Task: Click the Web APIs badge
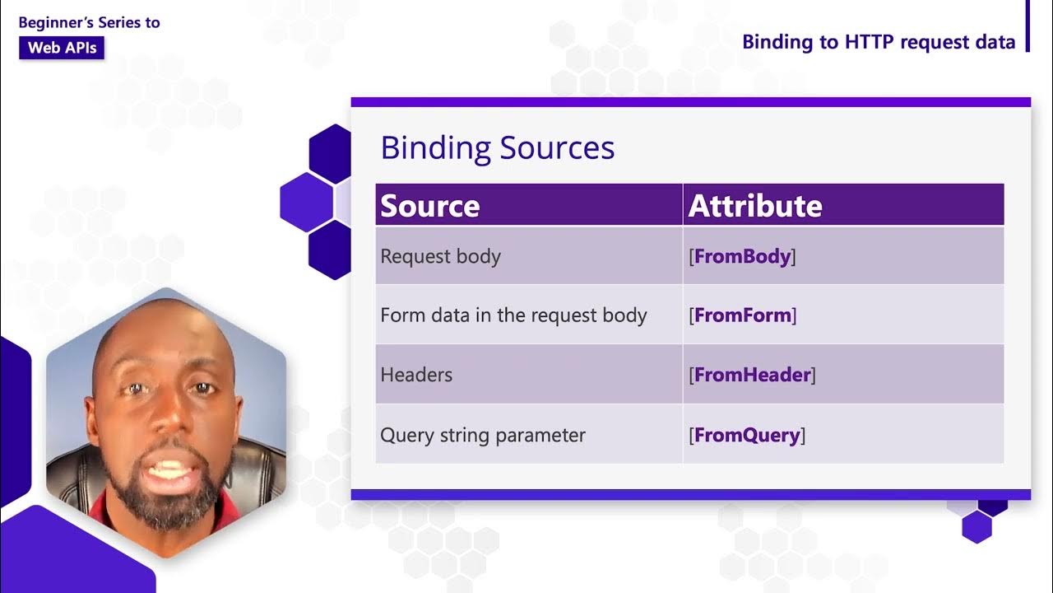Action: [x=62, y=48]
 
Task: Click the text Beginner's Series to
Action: [x=89, y=22]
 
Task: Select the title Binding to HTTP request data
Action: [x=878, y=42]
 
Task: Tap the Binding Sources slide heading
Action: [x=497, y=148]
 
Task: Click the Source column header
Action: [x=429, y=206]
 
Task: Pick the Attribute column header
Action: [x=754, y=206]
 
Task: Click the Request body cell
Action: [x=440, y=256]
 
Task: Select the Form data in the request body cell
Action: [x=513, y=315]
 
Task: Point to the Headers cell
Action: [x=416, y=375]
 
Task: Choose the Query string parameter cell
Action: [x=483, y=435]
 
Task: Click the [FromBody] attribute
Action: [x=742, y=256]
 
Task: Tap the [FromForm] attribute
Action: [x=742, y=315]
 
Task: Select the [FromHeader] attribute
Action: [x=752, y=375]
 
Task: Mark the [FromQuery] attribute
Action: [x=747, y=435]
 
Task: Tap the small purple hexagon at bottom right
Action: [x=976, y=527]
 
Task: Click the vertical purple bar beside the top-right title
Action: [x=1027, y=26]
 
